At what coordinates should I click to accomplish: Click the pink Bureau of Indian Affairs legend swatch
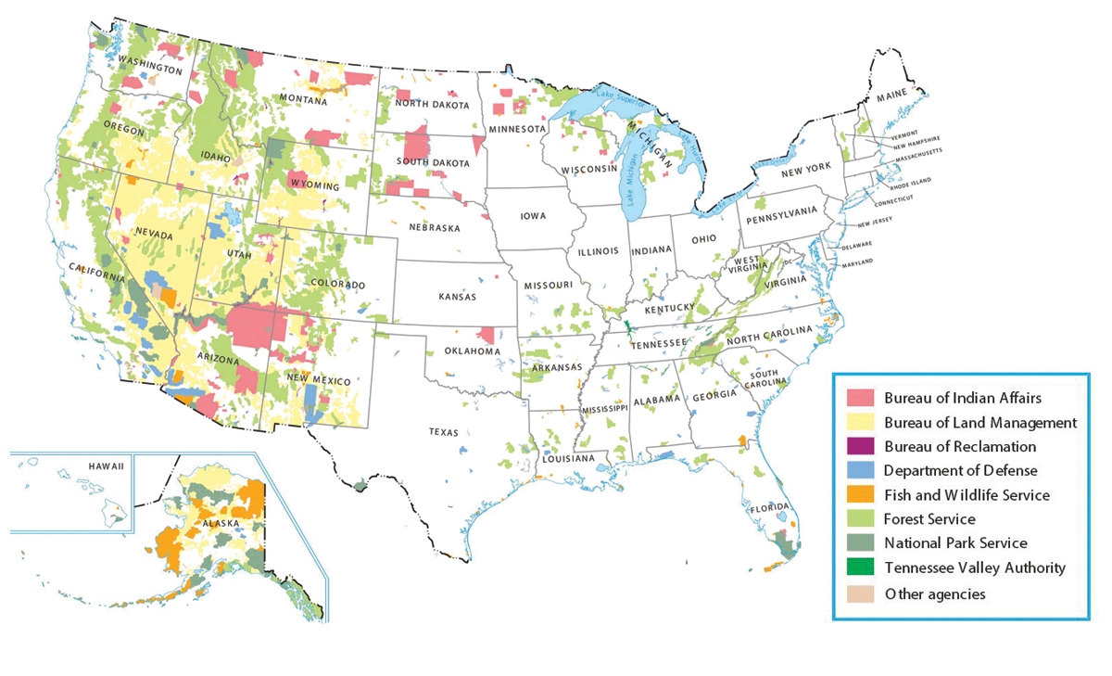point(861,399)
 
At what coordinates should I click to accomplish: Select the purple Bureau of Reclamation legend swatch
point(861,447)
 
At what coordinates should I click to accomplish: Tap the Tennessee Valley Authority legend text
point(975,568)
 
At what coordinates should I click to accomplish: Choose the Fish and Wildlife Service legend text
point(967,495)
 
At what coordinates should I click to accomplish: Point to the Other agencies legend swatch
point(861,593)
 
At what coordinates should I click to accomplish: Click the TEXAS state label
point(443,432)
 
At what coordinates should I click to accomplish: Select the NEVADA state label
point(154,236)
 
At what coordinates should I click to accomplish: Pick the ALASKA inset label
point(220,523)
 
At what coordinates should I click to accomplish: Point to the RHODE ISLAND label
point(912,182)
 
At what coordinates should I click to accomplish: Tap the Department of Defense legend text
point(960,471)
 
